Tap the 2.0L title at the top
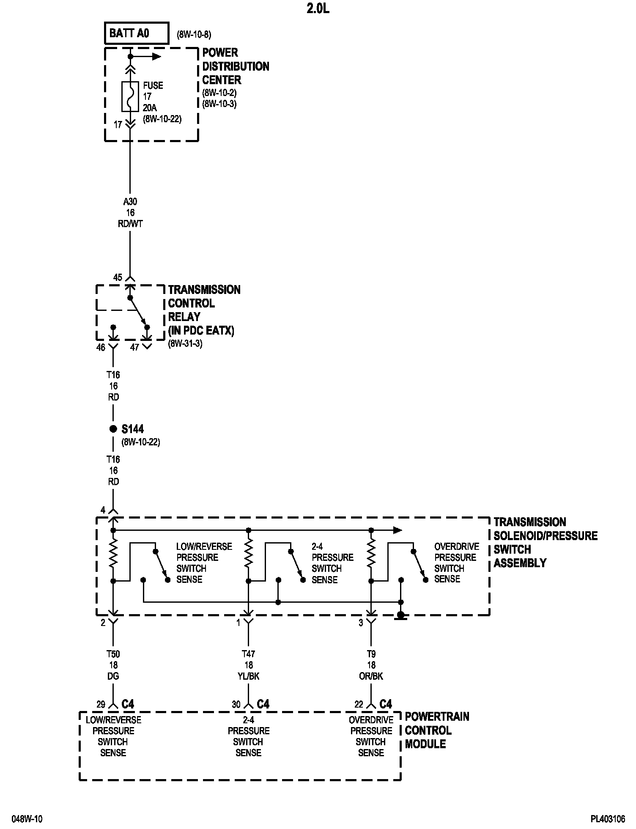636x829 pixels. (x=318, y=9)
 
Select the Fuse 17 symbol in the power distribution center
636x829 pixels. (x=130, y=96)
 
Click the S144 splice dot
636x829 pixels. (x=113, y=429)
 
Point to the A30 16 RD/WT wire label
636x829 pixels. (x=130, y=213)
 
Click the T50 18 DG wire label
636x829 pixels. (x=113, y=665)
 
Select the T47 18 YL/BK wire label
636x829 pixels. (x=248, y=665)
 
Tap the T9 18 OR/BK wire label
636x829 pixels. (x=371, y=665)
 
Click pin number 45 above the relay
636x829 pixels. (x=118, y=277)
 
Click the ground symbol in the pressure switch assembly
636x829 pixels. (x=401, y=616)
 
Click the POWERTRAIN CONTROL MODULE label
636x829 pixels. (x=437, y=730)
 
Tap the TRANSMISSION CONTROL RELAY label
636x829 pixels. (x=204, y=310)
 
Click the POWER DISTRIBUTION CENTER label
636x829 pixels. (x=236, y=66)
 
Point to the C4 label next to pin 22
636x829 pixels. (x=386, y=704)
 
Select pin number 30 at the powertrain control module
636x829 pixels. (x=236, y=704)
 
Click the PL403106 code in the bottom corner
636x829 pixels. (x=608, y=819)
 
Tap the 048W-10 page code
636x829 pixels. (x=27, y=819)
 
